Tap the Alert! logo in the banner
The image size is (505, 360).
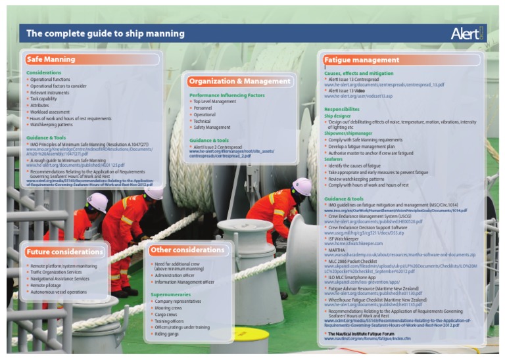click(x=468, y=34)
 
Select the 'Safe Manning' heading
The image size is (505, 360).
click(x=51, y=59)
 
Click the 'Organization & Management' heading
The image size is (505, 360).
click(x=239, y=81)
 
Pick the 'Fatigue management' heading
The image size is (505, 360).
click(x=362, y=60)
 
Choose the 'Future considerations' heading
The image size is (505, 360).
click(x=65, y=252)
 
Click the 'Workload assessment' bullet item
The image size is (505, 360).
click(x=49, y=112)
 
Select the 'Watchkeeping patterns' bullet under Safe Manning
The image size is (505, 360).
click(x=51, y=124)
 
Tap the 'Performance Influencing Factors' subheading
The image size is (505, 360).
click(x=226, y=95)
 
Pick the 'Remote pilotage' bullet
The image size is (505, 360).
click(x=48, y=286)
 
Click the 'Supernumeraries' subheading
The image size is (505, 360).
click(x=170, y=294)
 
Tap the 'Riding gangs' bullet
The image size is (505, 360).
click(x=167, y=333)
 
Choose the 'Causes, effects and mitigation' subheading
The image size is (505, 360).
click(x=358, y=74)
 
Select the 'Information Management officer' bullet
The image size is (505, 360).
click(x=184, y=282)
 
